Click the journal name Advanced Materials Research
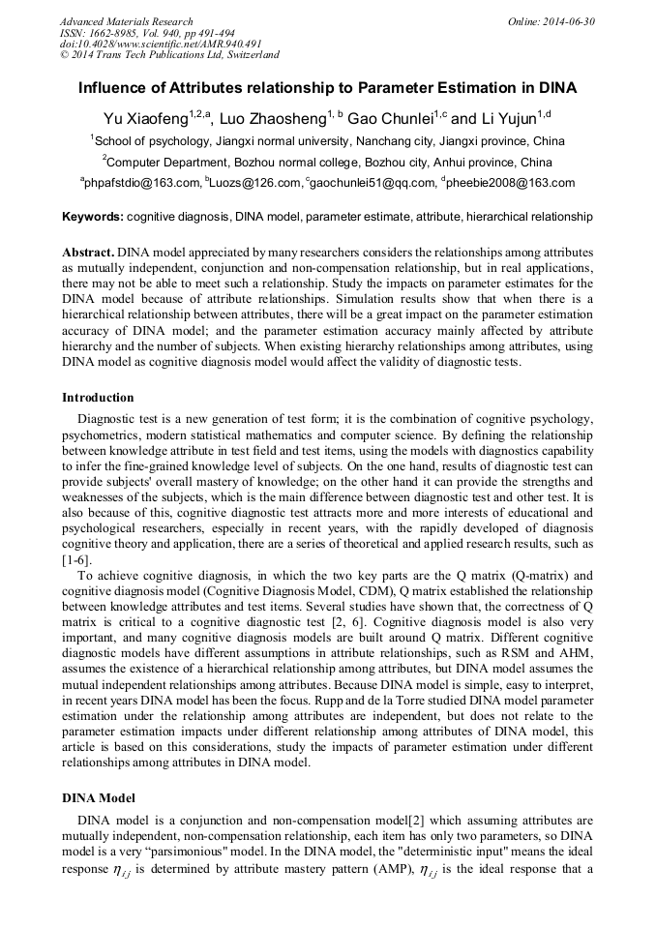point(126,21)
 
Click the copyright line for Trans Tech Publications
point(169,55)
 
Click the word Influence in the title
point(115,88)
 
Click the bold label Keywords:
point(92,218)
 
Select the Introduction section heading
point(98,397)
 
